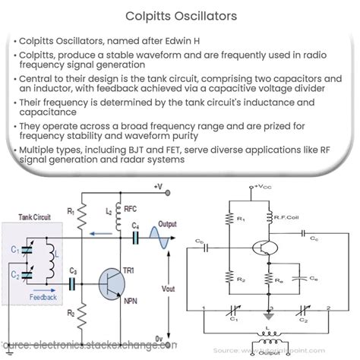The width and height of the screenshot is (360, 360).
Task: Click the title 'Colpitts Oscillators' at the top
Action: coord(179,14)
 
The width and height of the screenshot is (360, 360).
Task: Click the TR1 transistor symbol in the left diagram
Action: coord(112,286)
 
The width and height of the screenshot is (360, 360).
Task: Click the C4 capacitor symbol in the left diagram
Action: coord(136,236)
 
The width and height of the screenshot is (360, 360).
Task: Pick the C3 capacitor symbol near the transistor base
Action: coord(73,283)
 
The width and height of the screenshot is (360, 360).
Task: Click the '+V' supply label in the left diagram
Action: coord(157,186)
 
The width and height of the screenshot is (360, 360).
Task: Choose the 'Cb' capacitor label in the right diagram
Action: coord(219,242)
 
